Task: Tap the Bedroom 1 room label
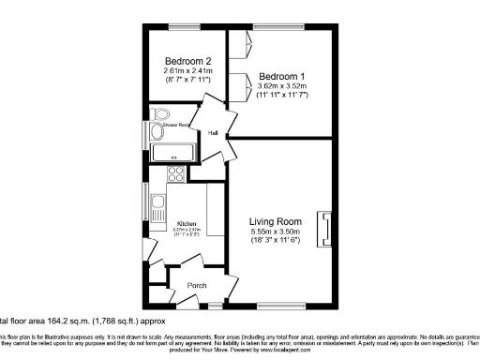pos(281,75)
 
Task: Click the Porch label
pos(197,285)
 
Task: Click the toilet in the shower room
pos(155,132)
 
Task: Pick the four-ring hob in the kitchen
pos(175,173)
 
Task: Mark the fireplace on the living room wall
pos(325,229)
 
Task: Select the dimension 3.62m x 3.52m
pos(281,87)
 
